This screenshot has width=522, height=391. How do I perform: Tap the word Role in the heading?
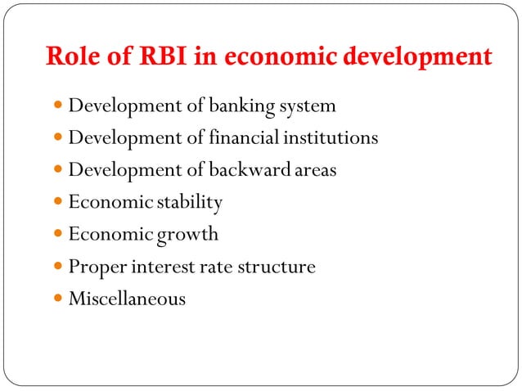click(x=74, y=58)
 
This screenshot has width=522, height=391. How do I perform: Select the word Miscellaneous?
click(x=127, y=299)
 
